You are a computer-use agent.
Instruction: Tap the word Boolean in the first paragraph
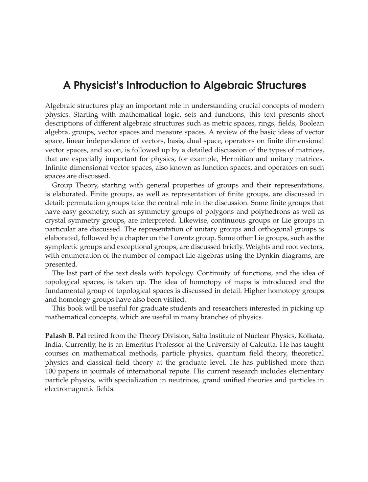pyautogui.click(x=311, y=123)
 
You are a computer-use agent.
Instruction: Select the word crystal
pyautogui.click(x=55, y=221)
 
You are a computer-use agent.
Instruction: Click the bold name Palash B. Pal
pyautogui.click(x=66, y=336)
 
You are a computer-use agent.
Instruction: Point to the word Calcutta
pyautogui.click(x=309, y=345)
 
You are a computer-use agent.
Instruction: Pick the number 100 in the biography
pyautogui.click(x=51, y=371)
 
